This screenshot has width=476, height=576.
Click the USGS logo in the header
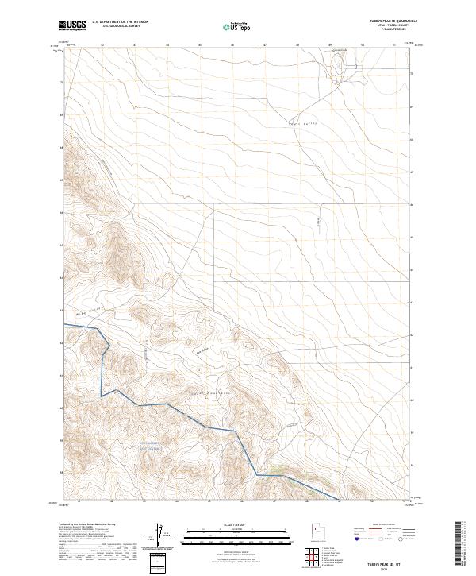pyautogui.click(x=73, y=25)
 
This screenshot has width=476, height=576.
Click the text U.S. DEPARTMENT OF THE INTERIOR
pyautogui.click(x=120, y=22)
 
